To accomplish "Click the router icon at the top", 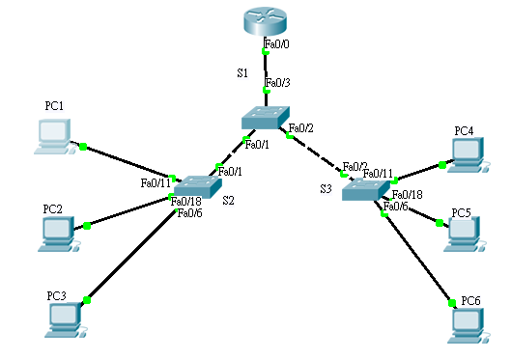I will pos(266,20).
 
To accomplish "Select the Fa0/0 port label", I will pos(276,44).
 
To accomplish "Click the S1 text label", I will pos(242,73).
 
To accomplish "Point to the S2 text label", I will pos(228,201).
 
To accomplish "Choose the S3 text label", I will pos(326,189).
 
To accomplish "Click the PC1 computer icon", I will pos(55,137).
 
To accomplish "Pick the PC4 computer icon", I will pos(467,153).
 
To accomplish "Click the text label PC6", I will pos(470,301).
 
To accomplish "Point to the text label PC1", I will pos(54,104).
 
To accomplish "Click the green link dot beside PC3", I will pos(87,300).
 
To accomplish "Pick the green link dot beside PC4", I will pos(441,165).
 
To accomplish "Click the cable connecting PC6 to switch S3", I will pos(418,256).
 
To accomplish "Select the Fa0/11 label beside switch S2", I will pos(156,181).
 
